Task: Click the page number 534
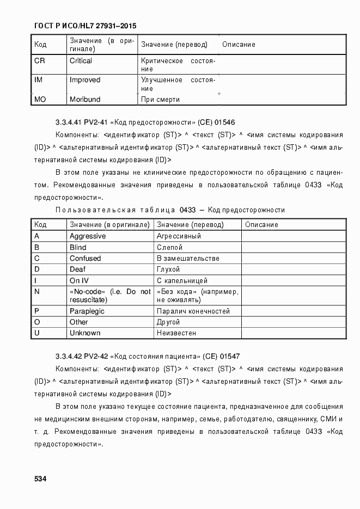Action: pos(40,479)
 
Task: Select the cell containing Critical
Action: pos(81,61)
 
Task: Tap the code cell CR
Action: pos(40,61)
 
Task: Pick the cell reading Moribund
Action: pos(85,100)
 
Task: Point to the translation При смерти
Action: pos(160,100)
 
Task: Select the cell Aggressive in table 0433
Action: pos(88,236)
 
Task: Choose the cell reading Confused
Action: pos(85,258)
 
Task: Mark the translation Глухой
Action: pos(168,269)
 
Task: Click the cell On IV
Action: pos(79,280)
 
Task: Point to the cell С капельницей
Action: pos(182,280)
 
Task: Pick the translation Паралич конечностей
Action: pos(193,311)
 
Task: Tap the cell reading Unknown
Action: pos(85,333)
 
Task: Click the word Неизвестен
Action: pos(176,333)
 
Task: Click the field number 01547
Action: pos(230,357)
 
